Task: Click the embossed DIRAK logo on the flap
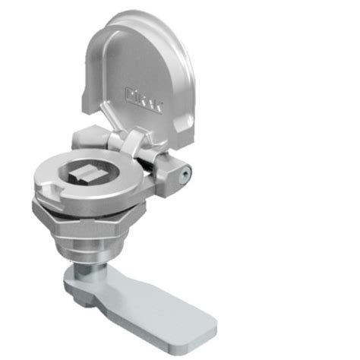(144, 95)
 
